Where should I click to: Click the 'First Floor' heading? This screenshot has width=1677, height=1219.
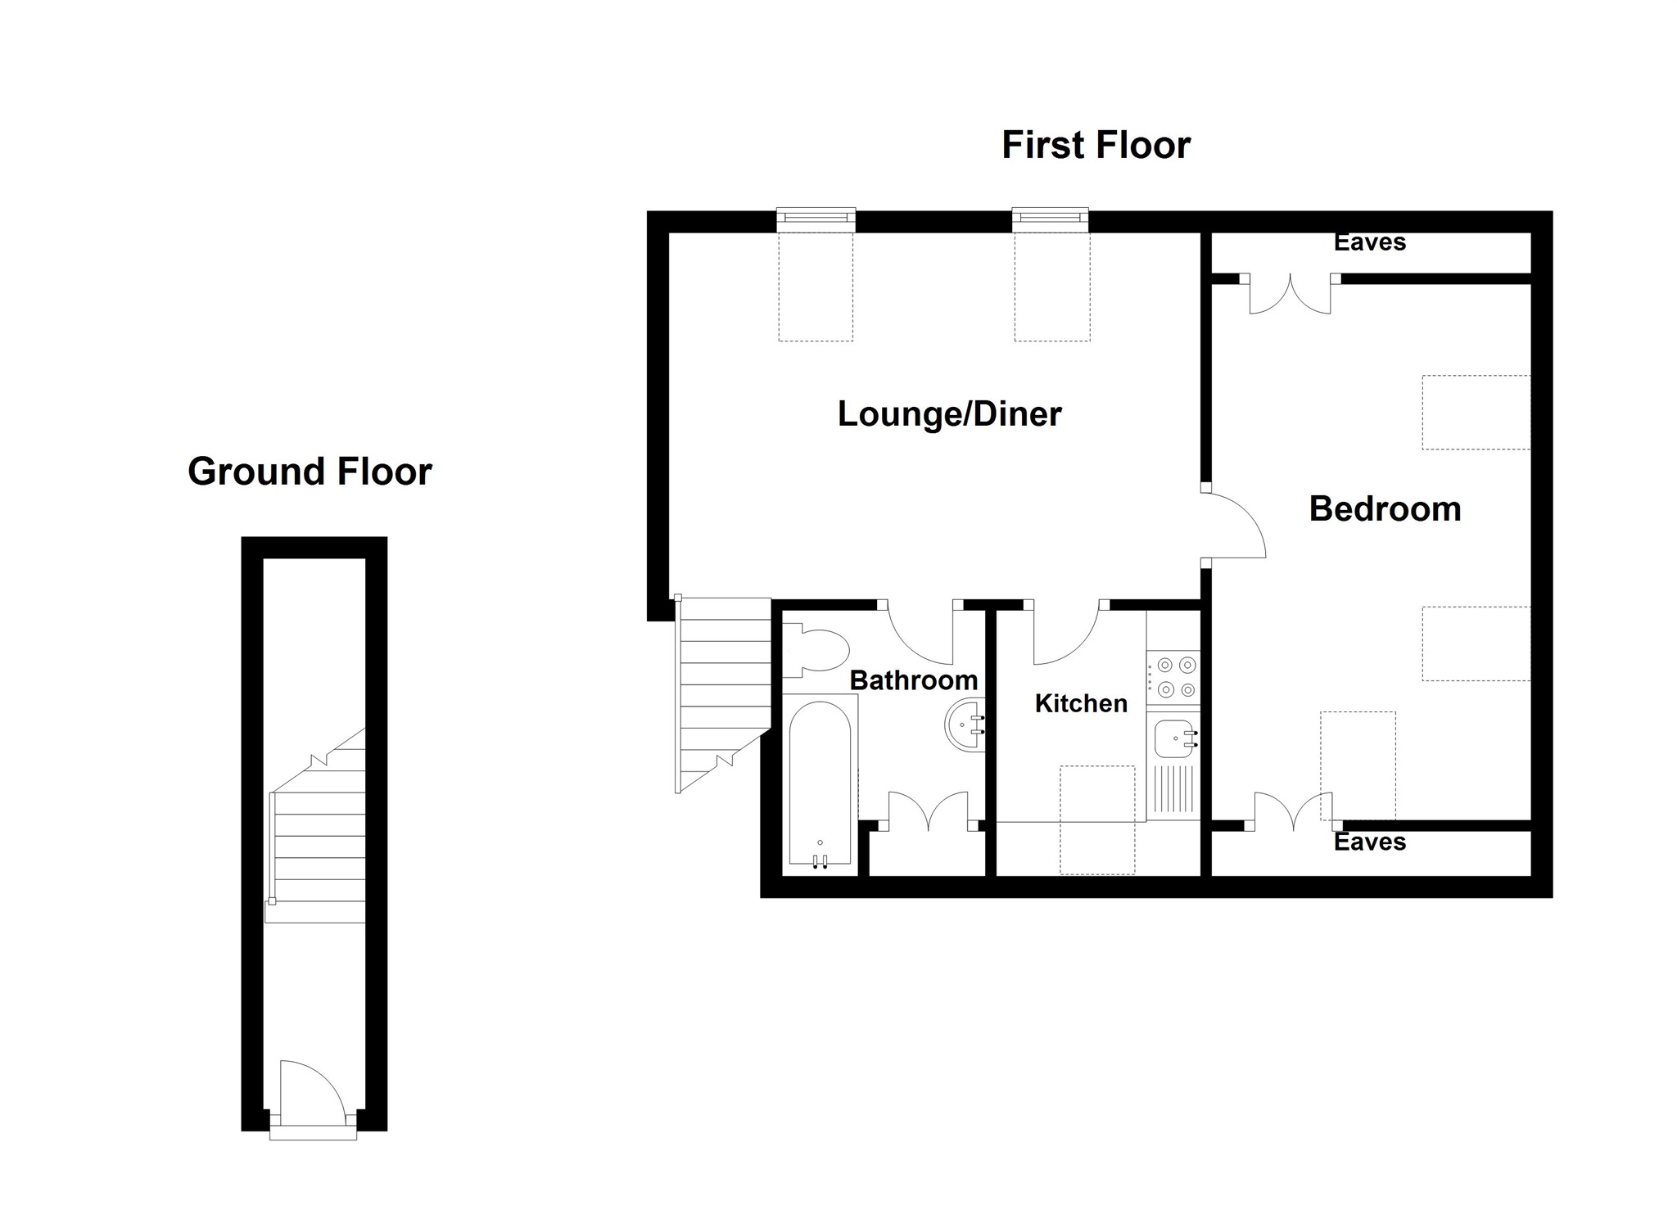tap(1095, 145)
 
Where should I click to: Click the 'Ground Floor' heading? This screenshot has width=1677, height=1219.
tap(310, 472)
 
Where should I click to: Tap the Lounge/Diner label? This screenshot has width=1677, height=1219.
tap(949, 413)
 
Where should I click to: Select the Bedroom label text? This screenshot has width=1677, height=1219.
tap(1385, 508)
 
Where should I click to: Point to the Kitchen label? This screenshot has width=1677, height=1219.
tap(1080, 703)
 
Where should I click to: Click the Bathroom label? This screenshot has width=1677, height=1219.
tap(913, 679)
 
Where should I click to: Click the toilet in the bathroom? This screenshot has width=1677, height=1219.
tap(819, 651)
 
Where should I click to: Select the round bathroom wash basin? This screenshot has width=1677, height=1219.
tap(966, 725)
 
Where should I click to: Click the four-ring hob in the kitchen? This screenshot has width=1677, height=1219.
tap(1173, 677)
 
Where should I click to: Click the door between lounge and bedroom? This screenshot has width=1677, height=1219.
tap(1235, 526)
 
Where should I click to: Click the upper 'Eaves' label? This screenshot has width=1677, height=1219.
tap(1369, 242)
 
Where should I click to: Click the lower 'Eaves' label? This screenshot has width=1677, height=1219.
tap(1369, 842)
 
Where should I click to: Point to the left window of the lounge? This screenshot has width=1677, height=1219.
tap(816, 218)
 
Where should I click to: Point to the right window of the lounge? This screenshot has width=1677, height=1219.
tap(1050, 218)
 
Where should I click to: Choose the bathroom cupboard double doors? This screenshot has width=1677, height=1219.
tap(928, 811)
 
